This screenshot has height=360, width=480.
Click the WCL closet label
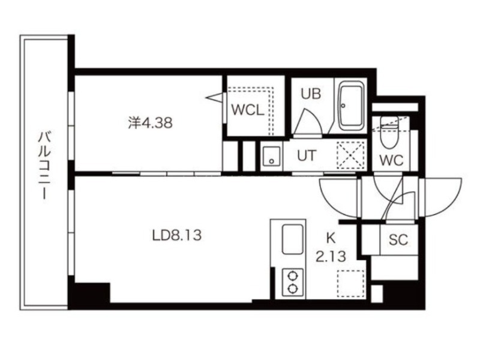pos(248,110)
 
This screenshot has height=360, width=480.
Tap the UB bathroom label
pos(311,94)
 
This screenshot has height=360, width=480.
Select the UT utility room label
pos(306,155)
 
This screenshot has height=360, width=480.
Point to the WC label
pos(391,160)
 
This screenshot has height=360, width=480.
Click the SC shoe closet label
pos(398,239)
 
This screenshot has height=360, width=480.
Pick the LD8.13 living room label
pos(177,235)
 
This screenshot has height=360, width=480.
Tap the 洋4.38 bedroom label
pos(151,123)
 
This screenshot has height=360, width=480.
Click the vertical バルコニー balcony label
pos(44,166)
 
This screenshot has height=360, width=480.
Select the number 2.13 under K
pos(331,257)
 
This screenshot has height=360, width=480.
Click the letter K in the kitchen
pos(331,238)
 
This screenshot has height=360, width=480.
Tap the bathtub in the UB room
pos(351,106)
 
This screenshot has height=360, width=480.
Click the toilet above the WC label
pos(389,132)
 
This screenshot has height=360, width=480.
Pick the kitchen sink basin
pos(293,239)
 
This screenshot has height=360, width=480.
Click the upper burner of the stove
pos(293,276)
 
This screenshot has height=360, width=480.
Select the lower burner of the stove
pos(293,289)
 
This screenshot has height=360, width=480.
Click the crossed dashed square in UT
pos(350,155)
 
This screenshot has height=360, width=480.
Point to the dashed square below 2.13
pos(351,283)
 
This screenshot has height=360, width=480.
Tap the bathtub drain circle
pos(343,106)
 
